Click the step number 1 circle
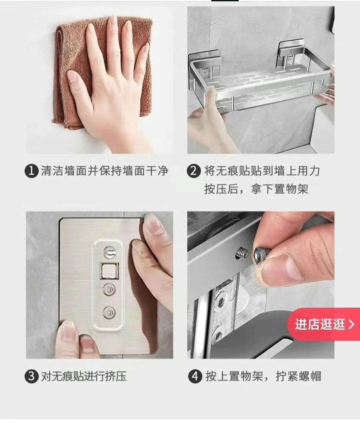(x=32, y=171)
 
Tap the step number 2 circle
(x=194, y=171)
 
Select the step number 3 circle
(x=32, y=377)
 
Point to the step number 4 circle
(x=195, y=377)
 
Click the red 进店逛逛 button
(x=324, y=324)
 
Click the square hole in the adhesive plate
(x=109, y=271)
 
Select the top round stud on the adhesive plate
(x=110, y=252)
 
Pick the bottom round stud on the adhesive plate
(x=109, y=313)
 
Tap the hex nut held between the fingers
(x=260, y=256)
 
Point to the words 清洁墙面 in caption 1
(x=64, y=171)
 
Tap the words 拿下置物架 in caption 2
(x=280, y=189)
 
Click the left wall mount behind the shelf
(x=205, y=61)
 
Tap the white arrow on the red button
(x=351, y=324)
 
